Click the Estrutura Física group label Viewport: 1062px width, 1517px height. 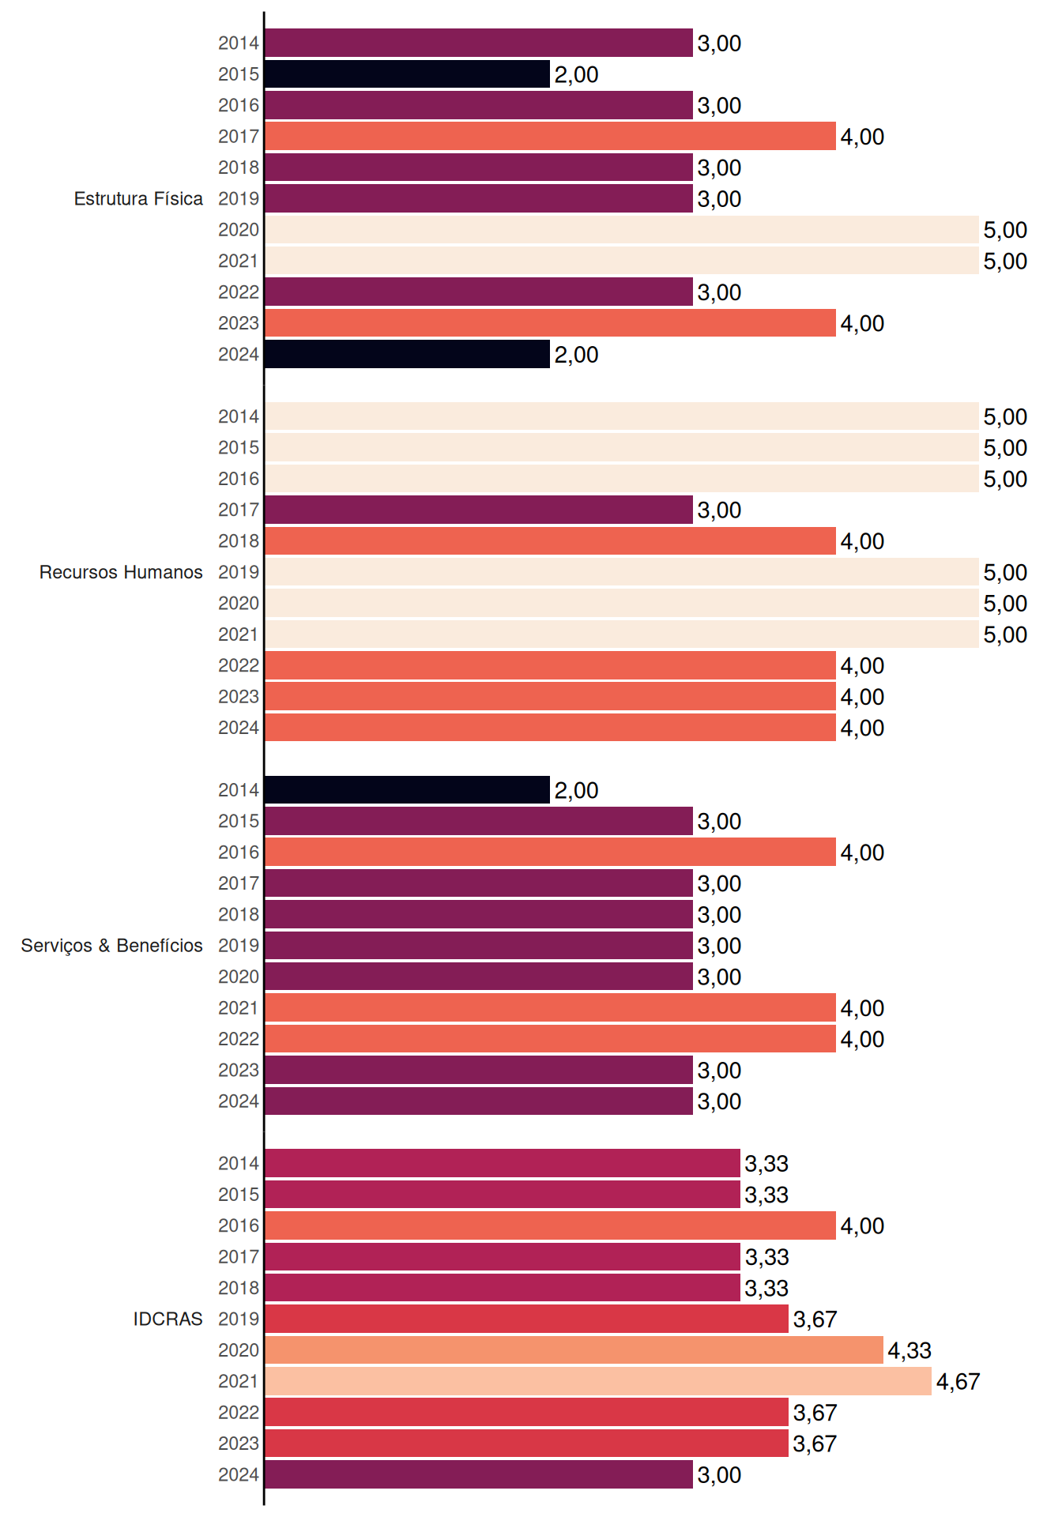(138, 198)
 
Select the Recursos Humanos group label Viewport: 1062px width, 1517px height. (121, 572)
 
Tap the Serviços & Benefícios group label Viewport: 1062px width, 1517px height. (111, 945)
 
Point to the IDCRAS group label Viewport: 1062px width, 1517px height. (168, 1319)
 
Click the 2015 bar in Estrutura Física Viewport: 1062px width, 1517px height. (407, 74)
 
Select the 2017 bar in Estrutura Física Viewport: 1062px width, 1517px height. (550, 136)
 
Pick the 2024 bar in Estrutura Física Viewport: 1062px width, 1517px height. (407, 354)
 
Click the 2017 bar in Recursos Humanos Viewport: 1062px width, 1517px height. (479, 510)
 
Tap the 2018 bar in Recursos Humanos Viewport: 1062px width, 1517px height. (550, 540)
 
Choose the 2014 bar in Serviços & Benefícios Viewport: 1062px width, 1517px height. (407, 789)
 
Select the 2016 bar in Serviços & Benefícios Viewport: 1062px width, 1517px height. (550, 852)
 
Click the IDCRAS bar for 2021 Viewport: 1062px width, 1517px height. (598, 1381)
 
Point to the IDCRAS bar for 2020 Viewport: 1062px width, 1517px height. (574, 1349)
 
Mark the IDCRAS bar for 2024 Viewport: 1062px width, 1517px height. (479, 1474)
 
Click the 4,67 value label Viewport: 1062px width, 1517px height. (958, 1381)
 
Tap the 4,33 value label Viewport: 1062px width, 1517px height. (909, 1350)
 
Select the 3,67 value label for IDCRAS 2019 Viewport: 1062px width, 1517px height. (815, 1319)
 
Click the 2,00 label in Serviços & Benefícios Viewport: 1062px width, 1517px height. (576, 790)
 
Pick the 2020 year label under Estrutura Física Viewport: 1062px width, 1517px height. (239, 230)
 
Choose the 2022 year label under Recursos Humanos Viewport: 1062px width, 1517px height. (239, 665)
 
